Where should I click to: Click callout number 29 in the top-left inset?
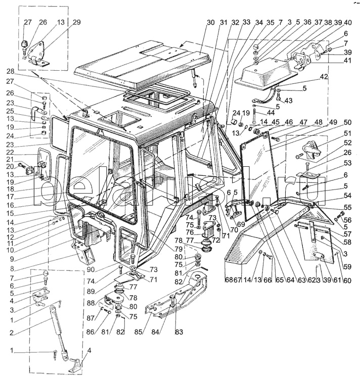76,23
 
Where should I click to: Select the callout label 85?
145,332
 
